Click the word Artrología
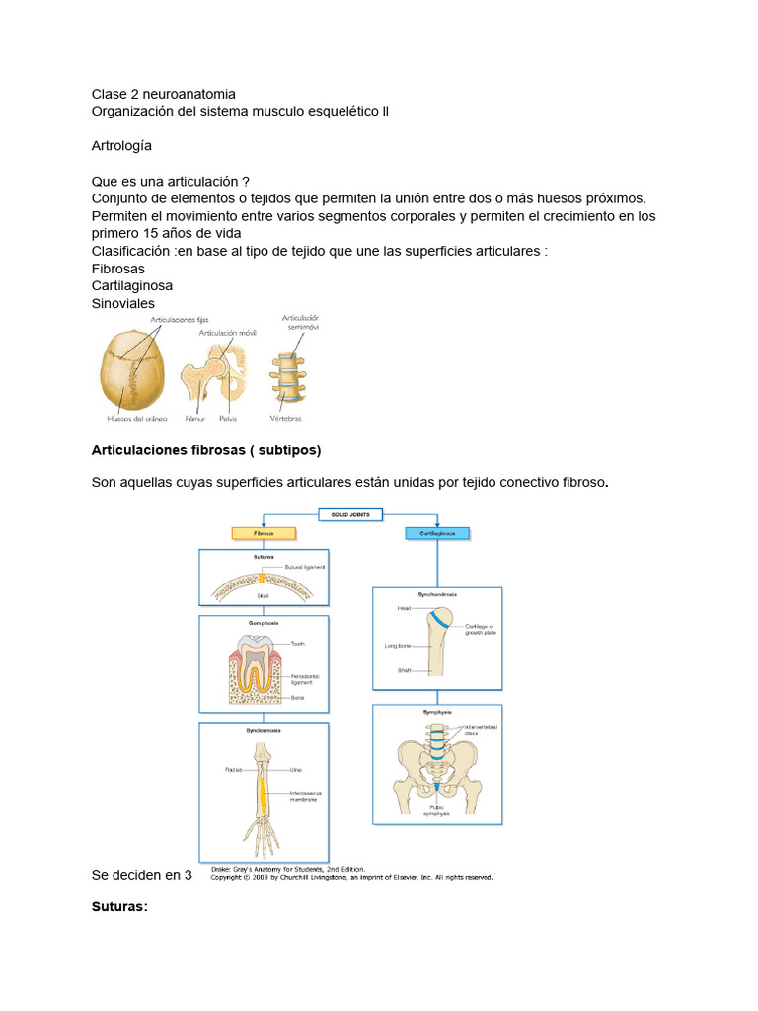pyautogui.click(x=121, y=145)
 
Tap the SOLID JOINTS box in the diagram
pyautogui.click(x=350, y=513)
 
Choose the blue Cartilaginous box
pyautogui.click(x=438, y=532)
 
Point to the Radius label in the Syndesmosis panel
pyautogui.click(x=234, y=768)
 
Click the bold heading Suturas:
pyautogui.click(x=119, y=905)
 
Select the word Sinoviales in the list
pyautogui.click(x=122, y=303)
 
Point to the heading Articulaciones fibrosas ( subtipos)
pyautogui.click(x=205, y=450)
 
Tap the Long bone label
pyautogui.click(x=398, y=646)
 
